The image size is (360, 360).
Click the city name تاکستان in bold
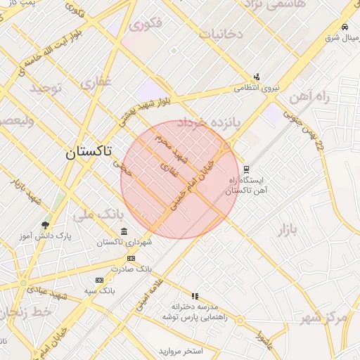click(x=88, y=152)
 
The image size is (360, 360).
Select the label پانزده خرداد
click(x=208, y=123)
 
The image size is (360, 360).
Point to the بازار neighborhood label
click(x=288, y=229)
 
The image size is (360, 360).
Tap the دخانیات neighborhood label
click(x=221, y=33)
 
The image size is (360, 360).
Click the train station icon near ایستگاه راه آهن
click(x=246, y=169)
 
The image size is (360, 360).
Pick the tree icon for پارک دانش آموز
click(x=46, y=225)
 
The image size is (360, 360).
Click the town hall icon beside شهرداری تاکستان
click(x=124, y=231)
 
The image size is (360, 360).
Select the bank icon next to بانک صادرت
click(x=130, y=257)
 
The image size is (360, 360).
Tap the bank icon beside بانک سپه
click(x=99, y=279)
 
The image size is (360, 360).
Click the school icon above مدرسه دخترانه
click(x=195, y=296)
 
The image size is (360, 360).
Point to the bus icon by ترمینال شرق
click(x=344, y=27)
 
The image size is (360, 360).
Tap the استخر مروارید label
click(x=181, y=350)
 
